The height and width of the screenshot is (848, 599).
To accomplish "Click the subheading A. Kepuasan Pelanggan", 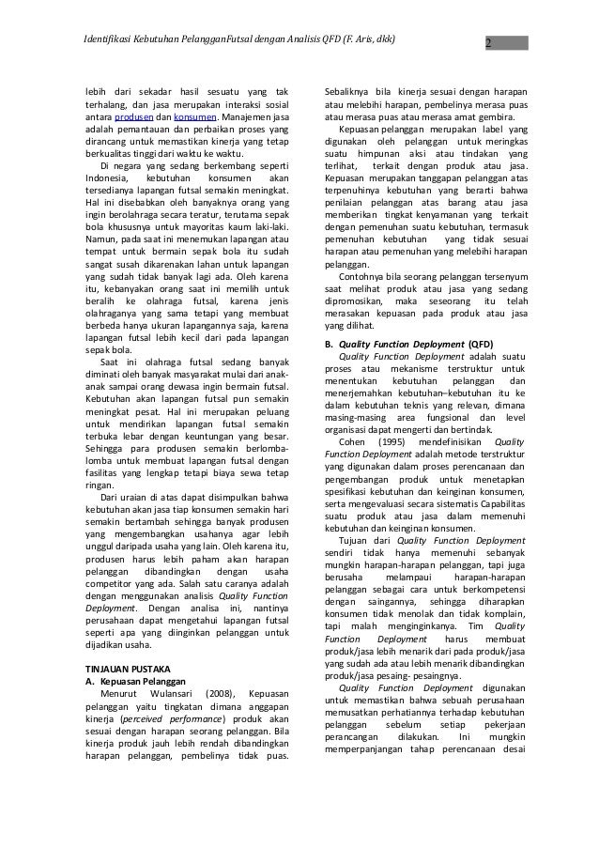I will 134,681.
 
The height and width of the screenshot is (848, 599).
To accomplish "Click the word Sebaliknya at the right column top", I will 347,89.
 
